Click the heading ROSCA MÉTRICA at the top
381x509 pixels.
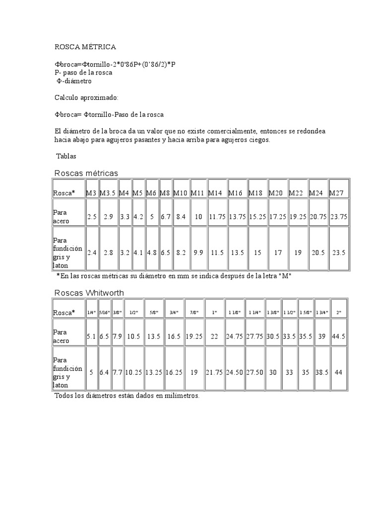tap(85, 47)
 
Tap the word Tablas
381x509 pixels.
tap(66, 156)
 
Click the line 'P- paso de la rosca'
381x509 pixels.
tap(83, 73)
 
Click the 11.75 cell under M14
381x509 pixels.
tap(217, 217)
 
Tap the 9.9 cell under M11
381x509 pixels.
tap(198, 252)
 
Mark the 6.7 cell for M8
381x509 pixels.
tap(166, 217)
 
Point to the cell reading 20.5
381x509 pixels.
tap(318, 252)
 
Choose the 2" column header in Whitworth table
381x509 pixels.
tap(339, 312)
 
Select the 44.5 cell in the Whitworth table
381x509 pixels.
tap(339, 337)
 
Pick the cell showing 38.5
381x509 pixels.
tap(321, 371)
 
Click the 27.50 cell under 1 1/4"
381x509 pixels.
tap(254, 371)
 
